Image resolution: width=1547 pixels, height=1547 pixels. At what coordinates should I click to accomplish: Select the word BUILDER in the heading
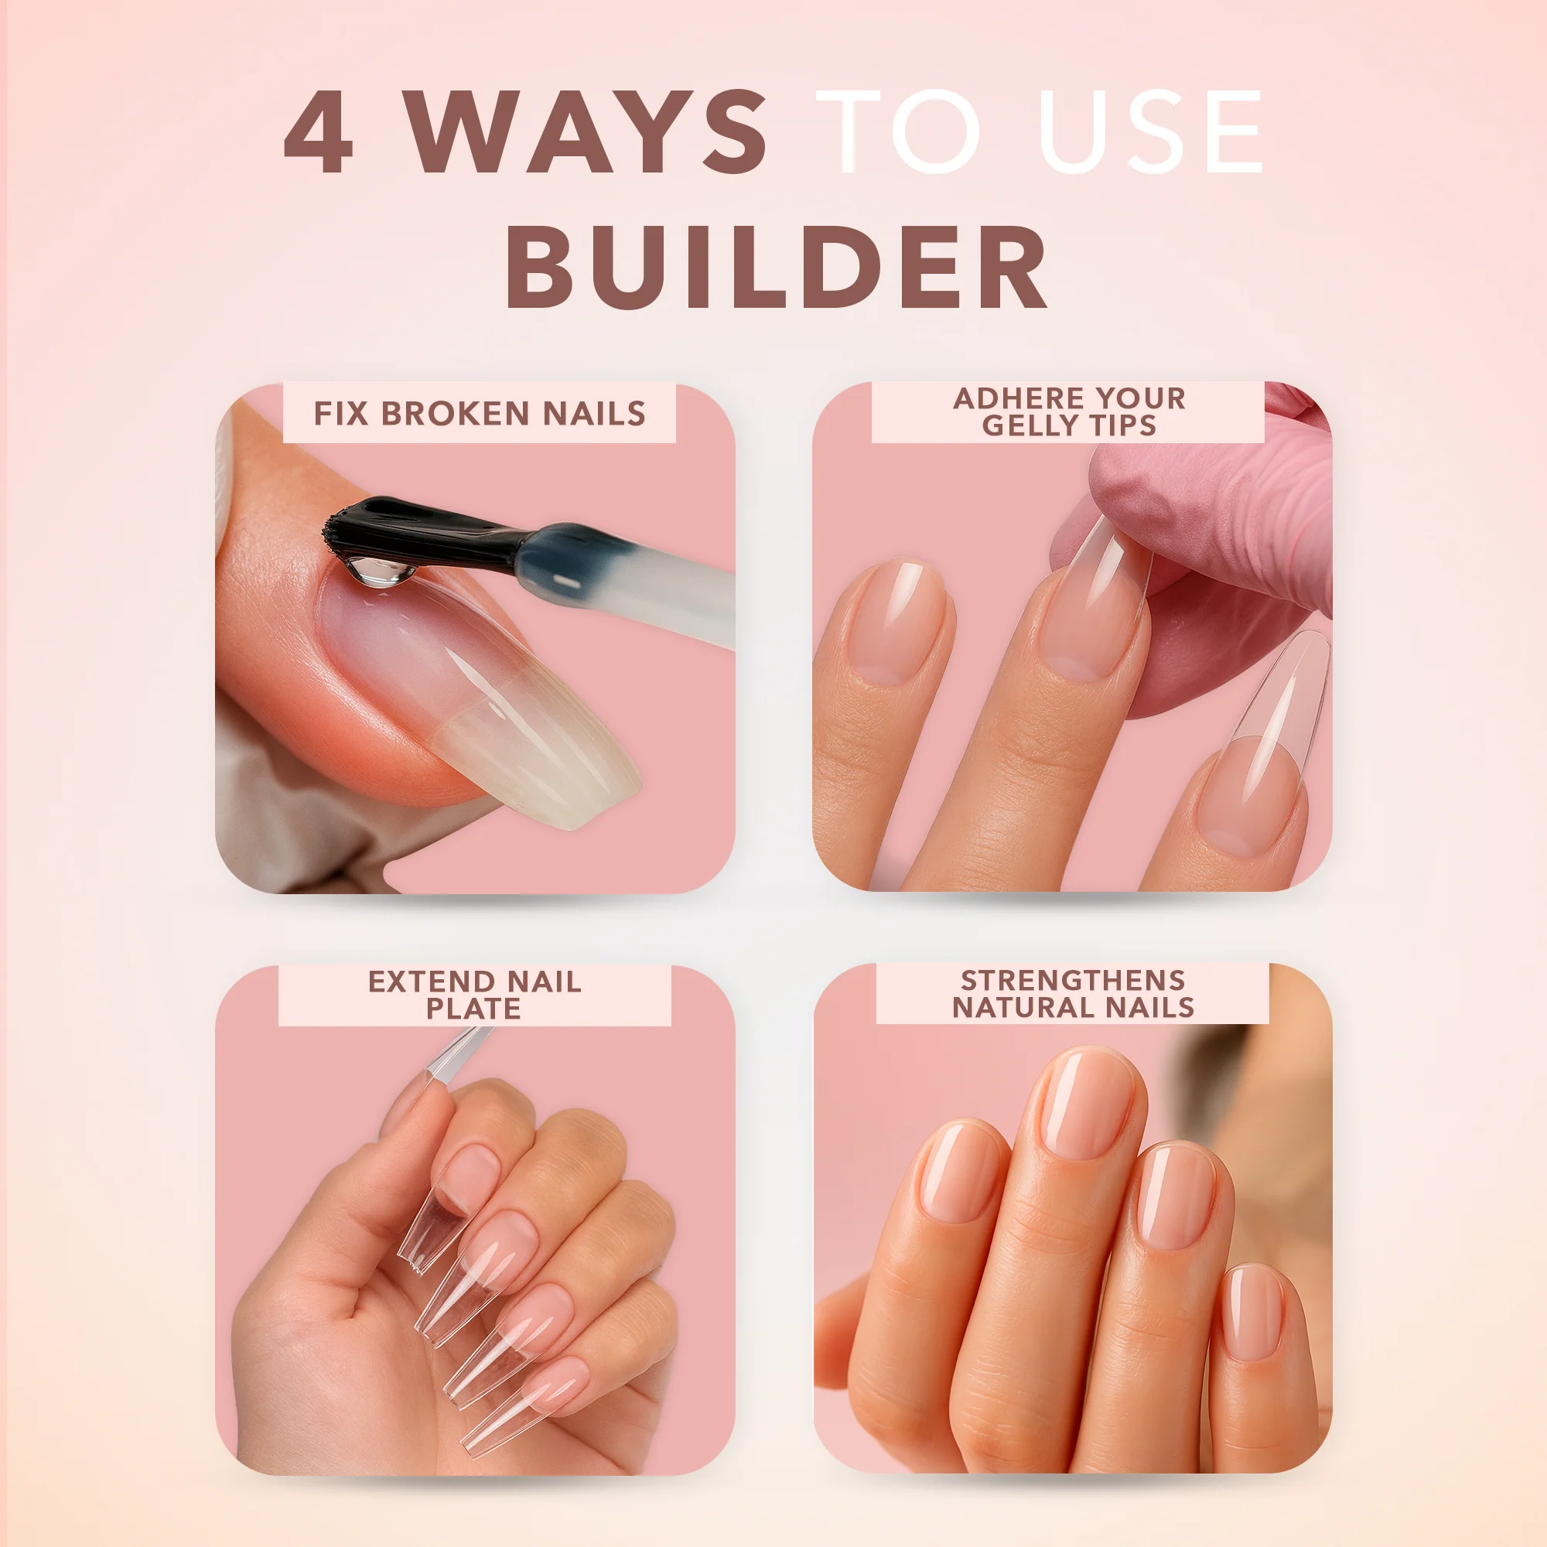pos(775,267)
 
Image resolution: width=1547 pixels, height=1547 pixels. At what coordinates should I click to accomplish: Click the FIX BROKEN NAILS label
pos(479,414)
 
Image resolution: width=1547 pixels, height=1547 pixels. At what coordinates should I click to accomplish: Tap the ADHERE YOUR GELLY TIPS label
pos(1068,412)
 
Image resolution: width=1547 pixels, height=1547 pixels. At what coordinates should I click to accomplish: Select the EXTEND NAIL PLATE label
pos(474,995)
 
